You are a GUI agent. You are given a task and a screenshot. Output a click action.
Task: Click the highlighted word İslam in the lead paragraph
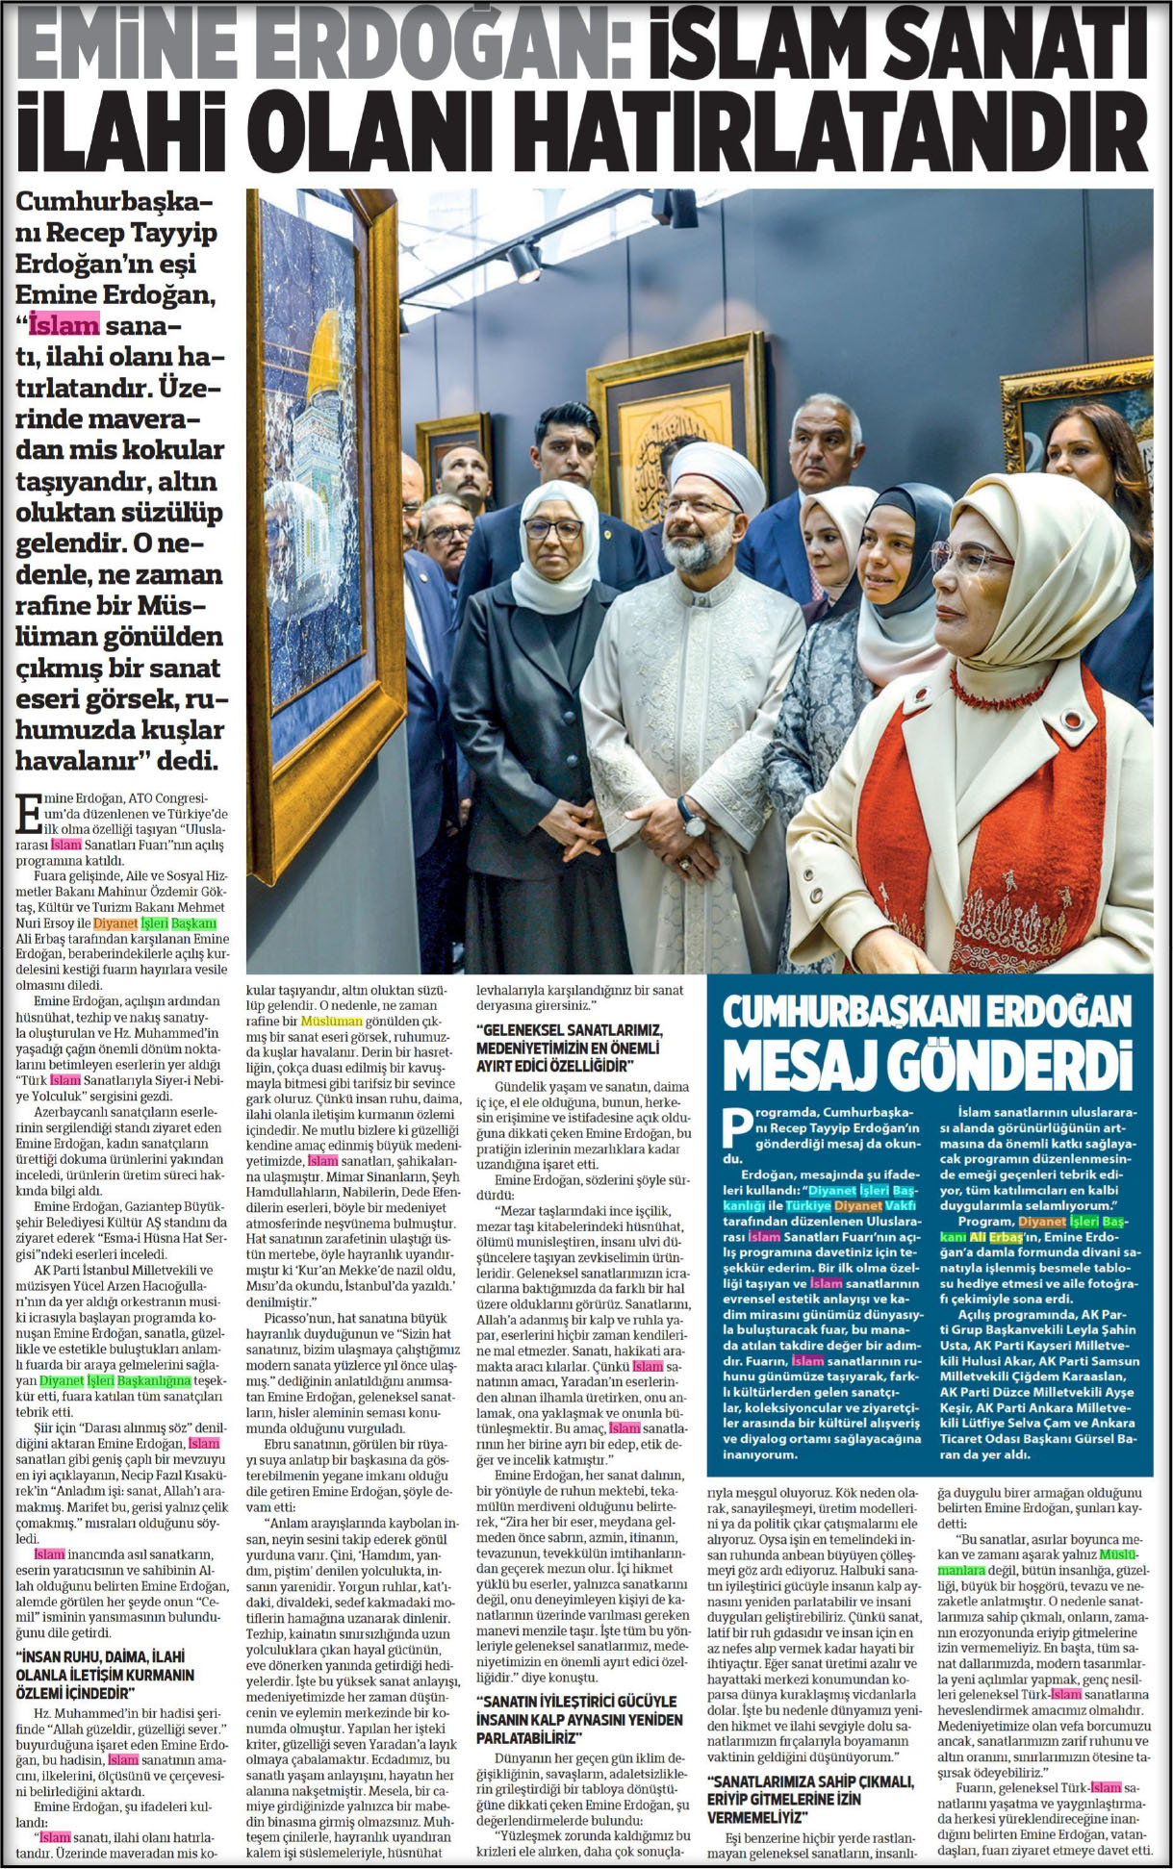[64, 323]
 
